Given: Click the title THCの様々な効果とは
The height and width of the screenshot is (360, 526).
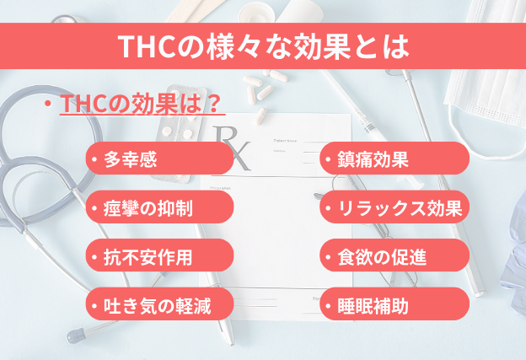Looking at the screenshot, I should coord(262,45).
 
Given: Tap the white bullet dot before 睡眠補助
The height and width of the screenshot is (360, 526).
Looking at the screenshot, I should coord(328,304).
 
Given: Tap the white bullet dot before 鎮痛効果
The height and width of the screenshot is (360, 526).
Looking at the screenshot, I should coord(328,159).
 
